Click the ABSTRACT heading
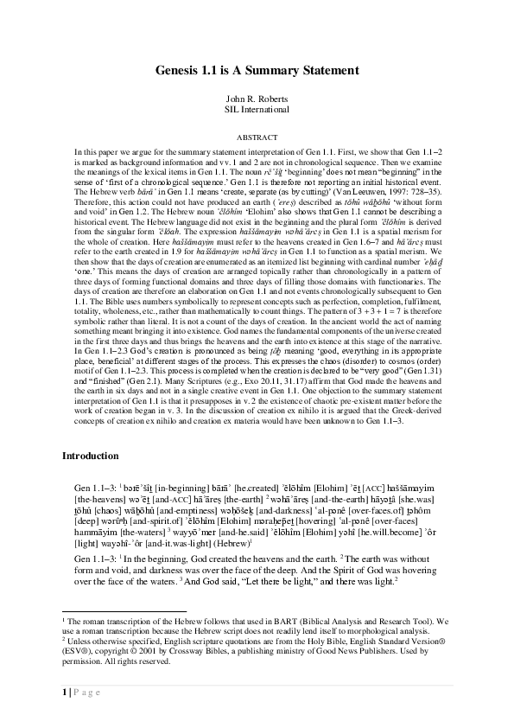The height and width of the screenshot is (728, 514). [x=257, y=137]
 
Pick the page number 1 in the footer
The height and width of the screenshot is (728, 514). [x=65, y=715]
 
